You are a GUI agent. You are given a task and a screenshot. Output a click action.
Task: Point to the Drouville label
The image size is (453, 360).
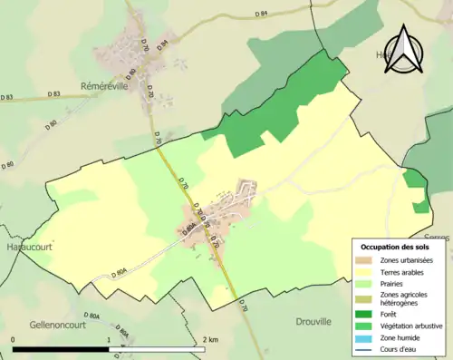pos(313,321)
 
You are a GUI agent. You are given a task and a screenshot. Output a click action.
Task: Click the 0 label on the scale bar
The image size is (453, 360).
pos(14,340)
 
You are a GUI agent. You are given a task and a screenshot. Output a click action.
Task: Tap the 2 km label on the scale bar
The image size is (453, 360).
pos(211,340)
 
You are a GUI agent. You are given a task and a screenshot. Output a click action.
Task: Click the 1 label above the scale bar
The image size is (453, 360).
pos(110,340)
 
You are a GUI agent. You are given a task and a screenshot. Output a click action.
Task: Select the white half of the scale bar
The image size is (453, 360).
pos(159,349)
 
